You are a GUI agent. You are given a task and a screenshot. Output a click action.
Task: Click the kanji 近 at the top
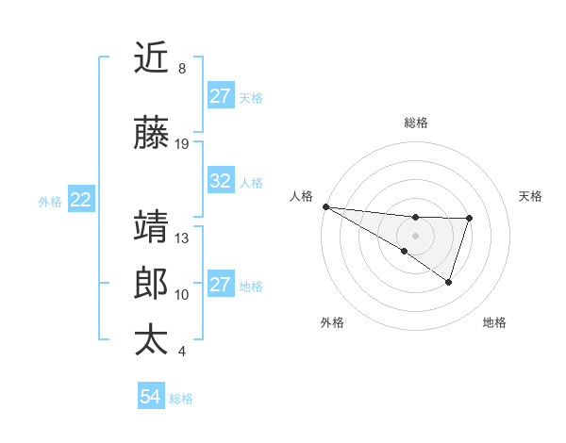[152, 58]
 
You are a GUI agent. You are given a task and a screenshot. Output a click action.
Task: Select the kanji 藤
[152, 134]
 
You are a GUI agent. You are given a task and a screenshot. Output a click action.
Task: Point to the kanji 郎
[152, 284]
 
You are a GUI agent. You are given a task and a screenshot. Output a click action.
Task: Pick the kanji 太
[152, 339]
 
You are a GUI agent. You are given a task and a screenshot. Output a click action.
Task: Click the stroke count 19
[182, 144]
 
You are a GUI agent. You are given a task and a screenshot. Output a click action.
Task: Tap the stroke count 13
[182, 238]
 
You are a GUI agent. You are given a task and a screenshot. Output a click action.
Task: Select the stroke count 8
[181, 69]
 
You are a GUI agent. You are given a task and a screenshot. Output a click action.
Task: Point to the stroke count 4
[181, 352]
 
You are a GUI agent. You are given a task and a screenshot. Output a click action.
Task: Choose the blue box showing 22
[81, 199]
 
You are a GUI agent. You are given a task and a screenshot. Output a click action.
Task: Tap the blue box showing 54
[150, 397]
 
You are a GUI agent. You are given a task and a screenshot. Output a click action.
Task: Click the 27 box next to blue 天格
[221, 96]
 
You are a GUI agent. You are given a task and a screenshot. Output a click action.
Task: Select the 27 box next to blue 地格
[221, 285]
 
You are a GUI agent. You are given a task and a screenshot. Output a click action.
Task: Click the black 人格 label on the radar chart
[301, 196]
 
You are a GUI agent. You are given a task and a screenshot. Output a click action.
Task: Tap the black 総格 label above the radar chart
[415, 123]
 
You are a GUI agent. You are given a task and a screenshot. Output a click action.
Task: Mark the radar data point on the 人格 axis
[325, 205]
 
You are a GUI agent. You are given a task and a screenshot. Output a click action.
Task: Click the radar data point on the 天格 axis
[469, 219]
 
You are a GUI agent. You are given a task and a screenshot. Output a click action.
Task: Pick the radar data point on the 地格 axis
[449, 282]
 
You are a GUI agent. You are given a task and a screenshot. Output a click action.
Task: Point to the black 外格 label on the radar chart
[332, 322]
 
